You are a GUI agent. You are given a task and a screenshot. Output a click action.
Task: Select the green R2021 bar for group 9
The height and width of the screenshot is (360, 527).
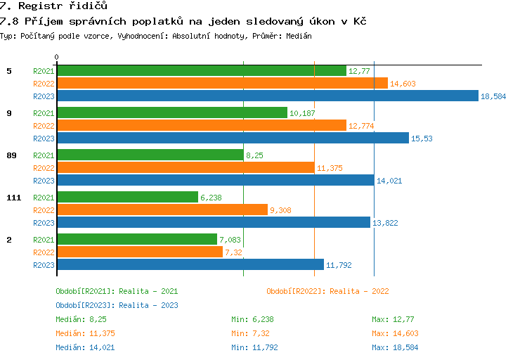coord(171,112)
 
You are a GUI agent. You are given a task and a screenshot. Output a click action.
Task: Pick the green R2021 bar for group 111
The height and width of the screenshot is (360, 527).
coord(127,197)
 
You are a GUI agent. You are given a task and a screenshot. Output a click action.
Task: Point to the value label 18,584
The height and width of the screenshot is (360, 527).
coord(493,96)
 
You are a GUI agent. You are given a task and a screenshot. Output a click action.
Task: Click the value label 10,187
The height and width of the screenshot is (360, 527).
coord(302,113)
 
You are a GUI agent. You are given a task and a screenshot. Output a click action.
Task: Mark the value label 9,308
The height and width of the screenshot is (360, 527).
coord(281,210)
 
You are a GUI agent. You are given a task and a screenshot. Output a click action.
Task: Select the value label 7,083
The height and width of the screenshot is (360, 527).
coord(231,240)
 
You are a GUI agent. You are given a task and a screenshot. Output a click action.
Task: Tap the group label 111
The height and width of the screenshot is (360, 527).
coord(13,198)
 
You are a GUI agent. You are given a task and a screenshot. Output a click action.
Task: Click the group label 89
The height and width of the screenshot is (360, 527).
coord(11,155)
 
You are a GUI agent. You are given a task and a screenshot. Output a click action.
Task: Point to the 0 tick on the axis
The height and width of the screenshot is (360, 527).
coord(57,56)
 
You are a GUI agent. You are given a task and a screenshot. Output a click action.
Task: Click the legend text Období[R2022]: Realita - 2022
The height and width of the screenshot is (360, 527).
coord(327,291)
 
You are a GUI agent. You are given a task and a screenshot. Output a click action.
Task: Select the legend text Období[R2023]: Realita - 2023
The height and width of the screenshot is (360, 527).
coord(117,305)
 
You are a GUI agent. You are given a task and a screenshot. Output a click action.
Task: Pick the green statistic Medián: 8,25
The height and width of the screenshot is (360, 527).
coord(81,320)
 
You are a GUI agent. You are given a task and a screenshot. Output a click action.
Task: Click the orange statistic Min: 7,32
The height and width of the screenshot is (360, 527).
coord(249,334)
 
